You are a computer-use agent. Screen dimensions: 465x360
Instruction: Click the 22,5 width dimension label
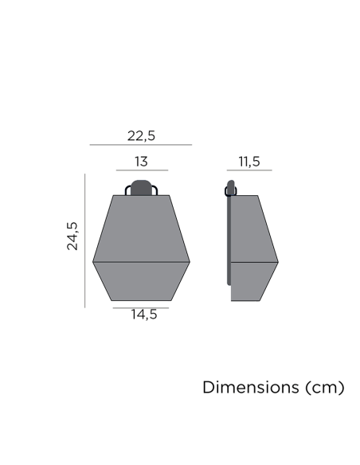pos(141,135)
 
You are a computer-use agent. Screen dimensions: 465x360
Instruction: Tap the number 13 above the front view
pos(141,162)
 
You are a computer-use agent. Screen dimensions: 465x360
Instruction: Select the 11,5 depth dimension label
pos(248,162)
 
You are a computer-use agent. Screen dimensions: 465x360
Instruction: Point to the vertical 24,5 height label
pos(72,236)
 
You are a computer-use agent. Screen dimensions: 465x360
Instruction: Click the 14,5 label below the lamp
pos(144,315)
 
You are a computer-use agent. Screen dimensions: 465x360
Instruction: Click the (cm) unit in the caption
pos(324,388)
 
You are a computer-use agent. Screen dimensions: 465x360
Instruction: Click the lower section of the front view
pos(141,281)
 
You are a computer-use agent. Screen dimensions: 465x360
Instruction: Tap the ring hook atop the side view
pos(231,190)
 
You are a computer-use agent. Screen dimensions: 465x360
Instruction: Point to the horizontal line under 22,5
pos(141,145)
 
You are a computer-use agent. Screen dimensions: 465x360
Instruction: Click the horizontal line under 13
pos(141,170)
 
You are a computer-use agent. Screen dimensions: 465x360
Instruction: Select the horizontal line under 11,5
pos(248,170)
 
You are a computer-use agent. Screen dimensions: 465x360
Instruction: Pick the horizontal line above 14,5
pos(141,307)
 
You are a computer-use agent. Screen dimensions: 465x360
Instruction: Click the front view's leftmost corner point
pos(93,261)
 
